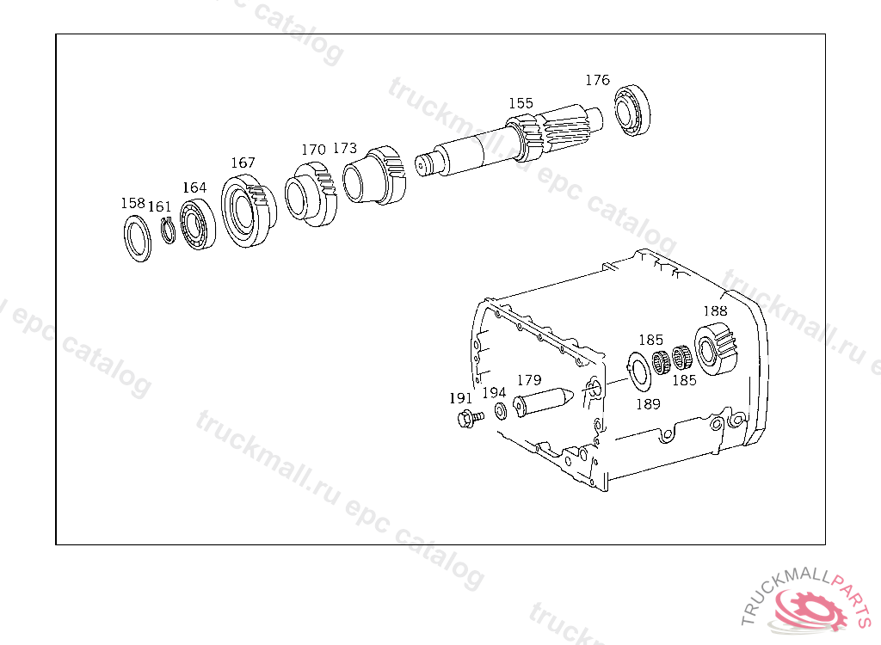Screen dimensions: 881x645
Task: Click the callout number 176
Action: (x=597, y=80)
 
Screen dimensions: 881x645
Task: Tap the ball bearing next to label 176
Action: (x=632, y=111)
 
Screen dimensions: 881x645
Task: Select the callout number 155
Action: (x=521, y=103)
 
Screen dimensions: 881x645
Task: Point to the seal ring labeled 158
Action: (x=138, y=238)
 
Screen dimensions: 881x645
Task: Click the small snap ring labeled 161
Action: (x=168, y=230)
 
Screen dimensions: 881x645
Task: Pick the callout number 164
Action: (x=194, y=187)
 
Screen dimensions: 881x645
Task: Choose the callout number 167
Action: (x=243, y=163)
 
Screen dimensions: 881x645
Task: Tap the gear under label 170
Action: (x=311, y=193)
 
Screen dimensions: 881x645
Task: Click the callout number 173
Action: (x=345, y=148)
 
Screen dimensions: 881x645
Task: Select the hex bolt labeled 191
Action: (x=471, y=419)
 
